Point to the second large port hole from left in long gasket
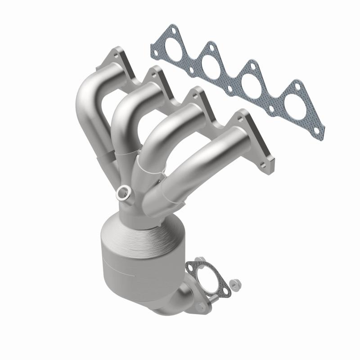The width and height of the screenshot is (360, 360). pos(213,62)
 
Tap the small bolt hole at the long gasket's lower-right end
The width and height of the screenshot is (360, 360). pos(317,130)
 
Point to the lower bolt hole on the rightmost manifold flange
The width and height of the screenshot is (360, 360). pos(269,159)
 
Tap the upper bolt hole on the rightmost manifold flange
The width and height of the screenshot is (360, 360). pos(243,116)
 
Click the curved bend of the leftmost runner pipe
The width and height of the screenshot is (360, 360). pos(85,99)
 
